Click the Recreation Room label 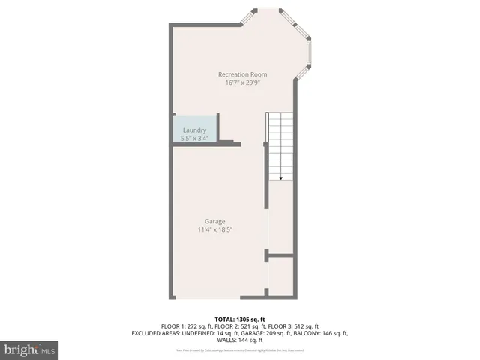(x=242, y=74)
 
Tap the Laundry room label (x=194, y=130)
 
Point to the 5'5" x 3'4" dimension (x=194, y=138)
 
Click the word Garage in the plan (x=215, y=221)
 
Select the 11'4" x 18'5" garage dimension (x=215, y=229)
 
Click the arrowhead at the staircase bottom (x=281, y=178)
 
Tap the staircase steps (x=281, y=142)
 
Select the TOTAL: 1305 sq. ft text (x=240, y=319)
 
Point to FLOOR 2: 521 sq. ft (x=241, y=326)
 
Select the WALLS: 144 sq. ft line (x=240, y=339)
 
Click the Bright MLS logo (x=30, y=349)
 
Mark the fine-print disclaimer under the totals (x=240, y=349)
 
